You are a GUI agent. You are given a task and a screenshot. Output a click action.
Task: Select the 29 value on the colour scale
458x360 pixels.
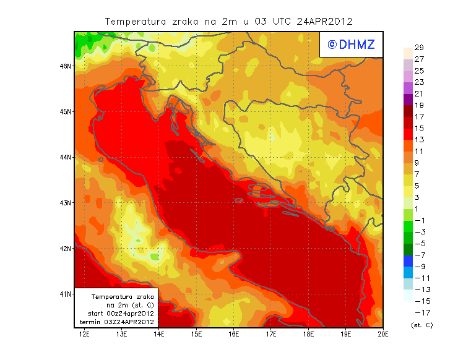pos(419,48)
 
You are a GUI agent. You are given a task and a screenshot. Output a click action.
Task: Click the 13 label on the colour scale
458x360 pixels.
pos(419,140)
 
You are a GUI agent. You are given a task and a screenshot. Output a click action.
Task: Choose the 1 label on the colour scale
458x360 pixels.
pos(417,209)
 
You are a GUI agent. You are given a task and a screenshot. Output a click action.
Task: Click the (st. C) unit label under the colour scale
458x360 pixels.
pos(421,325)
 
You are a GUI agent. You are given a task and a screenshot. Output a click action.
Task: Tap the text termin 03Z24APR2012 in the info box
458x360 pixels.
pos(117,322)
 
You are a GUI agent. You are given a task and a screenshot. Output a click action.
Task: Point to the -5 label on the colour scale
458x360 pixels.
pos(419,244)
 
